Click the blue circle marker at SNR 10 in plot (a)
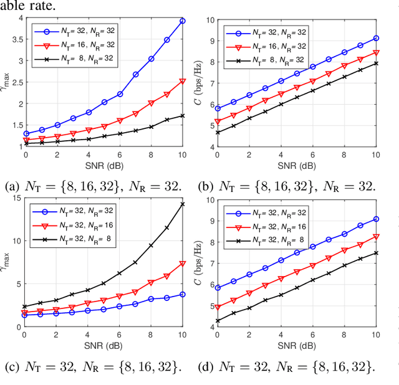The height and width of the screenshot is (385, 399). (183, 21)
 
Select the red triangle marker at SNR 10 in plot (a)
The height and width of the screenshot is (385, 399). (183, 81)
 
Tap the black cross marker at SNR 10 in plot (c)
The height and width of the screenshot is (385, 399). (183, 204)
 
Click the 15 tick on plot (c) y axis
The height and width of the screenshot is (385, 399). (16, 197)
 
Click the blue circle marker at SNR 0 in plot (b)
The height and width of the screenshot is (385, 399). (218, 108)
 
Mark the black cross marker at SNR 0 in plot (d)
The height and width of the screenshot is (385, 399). (218, 321)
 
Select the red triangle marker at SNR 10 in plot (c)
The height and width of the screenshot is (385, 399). (183, 264)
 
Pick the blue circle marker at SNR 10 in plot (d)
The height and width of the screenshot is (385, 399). (375, 219)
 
